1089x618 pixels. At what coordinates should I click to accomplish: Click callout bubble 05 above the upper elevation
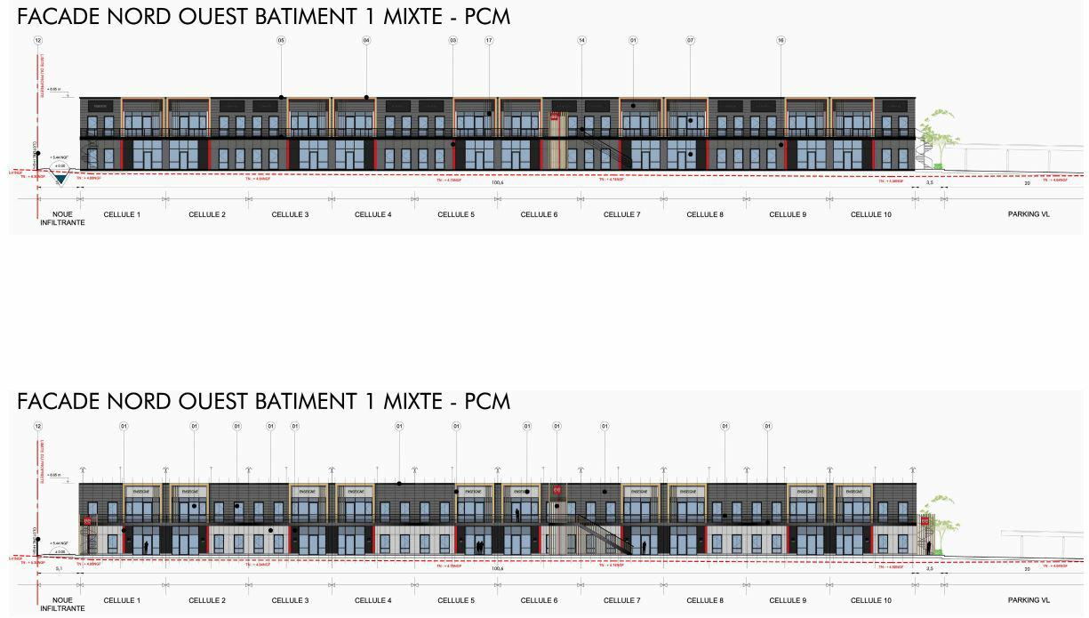pos(281,40)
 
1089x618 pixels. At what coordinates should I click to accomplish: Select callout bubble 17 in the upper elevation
pos(489,40)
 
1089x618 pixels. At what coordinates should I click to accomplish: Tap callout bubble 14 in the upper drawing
pos(582,40)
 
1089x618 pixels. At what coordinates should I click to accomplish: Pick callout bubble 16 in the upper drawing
pos(781,40)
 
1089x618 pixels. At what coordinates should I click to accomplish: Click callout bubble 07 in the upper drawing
pos(691,40)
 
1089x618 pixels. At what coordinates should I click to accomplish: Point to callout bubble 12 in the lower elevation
pos(38,426)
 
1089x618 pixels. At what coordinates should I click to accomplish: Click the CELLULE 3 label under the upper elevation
pos(290,214)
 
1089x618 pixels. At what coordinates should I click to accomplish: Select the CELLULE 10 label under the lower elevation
pos(870,600)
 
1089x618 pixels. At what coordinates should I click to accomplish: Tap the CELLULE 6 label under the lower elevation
pos(539,600)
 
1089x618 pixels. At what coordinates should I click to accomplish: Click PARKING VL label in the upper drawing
pos(1028,214)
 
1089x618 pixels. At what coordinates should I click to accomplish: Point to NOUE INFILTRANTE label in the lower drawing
pos(62,605)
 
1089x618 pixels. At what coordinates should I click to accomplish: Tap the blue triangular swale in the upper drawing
pos(60,179)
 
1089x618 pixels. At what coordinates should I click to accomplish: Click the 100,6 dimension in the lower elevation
pos(497,569)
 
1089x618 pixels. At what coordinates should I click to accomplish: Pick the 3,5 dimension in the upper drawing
pos(930,183)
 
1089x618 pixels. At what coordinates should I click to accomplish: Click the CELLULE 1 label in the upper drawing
pos(122,214)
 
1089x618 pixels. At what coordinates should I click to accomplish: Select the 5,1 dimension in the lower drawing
pos(59,569)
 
